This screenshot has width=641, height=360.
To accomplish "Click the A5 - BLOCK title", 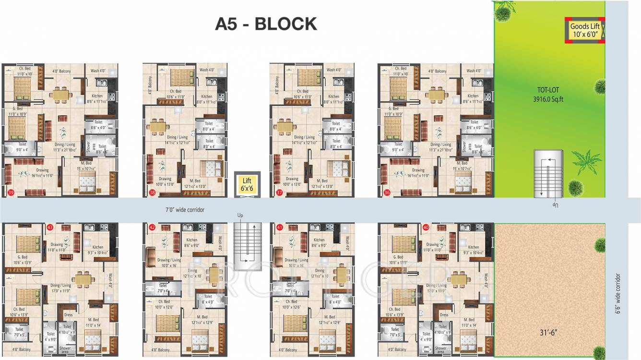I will pyautogui.click(x=266, y=24).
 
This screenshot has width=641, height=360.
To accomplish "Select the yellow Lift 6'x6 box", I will pyautogui.click(x=247, y=184).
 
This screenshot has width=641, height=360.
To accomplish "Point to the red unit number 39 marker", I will pyautogui.click(x=11, y=192).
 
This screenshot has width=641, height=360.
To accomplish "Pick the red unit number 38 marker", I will pyautogui.click(x=152, y=192).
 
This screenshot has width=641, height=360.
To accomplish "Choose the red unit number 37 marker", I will pyautogui.click(x=279, y=192).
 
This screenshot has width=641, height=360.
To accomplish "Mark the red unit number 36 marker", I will pyautogui.click(x=387, y=192).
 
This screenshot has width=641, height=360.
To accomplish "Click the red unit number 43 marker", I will pyautogui.click(x=50, y=227).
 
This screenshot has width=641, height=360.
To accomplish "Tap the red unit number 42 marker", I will pyautogui.click(x=152, y=227).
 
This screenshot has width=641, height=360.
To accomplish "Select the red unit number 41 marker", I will pyautogui.click(x=279, y=227).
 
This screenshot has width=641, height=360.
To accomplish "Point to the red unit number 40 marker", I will pyautogui.click(x=426, y=227).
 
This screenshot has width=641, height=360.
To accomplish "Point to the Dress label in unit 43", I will pyautogui.click(x=68, y=315).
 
